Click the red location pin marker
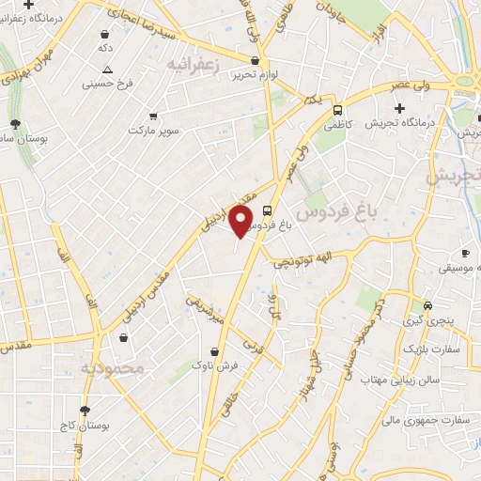coord(242,221)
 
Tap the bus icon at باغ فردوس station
coord(269,210)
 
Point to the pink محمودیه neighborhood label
coord(112,368)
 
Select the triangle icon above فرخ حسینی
coord(108,70)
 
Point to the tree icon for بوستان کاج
coord(85,411)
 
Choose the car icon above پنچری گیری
coord(427,305)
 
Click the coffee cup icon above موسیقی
coord(465,253)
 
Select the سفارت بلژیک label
coord(434,349)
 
